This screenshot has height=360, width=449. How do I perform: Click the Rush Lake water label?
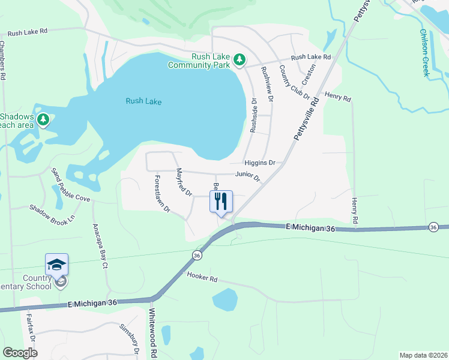click(143, 101)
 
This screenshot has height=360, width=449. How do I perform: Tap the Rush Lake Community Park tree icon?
click(240, 59)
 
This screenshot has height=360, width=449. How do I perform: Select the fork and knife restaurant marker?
click(221, 201)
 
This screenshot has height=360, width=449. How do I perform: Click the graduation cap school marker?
click(56, 265)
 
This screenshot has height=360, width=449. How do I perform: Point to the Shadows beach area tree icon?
click(43, 120)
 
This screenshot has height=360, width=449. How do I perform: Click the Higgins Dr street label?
click(259, 163)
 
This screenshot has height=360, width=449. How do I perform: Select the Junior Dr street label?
click(247, 176)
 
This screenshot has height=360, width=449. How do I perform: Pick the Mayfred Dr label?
click(183, 182)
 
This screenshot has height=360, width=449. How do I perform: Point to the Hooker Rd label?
click(201, 278)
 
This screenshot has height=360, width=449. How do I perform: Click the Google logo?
click(20, 353)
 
